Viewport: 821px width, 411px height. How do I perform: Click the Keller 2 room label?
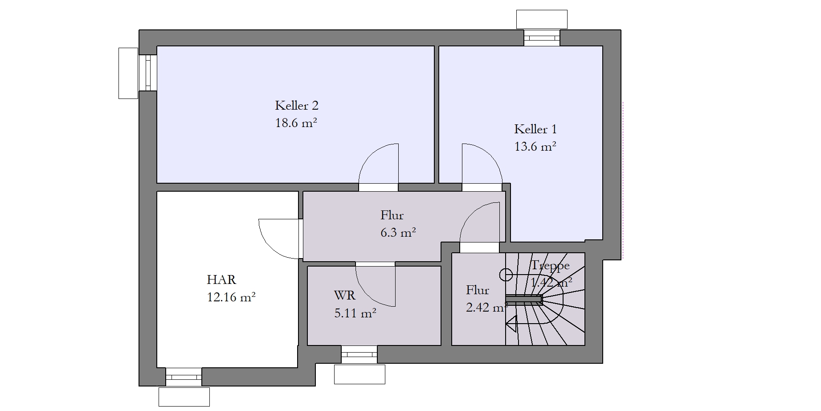[x=297, y=106]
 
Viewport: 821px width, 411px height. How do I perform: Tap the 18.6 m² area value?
[x=296, y=123]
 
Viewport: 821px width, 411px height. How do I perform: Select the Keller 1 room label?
[x=535, y=129]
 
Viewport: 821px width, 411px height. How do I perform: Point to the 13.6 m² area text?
[x=535, y=146]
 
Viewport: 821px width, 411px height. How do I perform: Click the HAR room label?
[x=221, y=280]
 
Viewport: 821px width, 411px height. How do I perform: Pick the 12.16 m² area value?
[x=231, y=297]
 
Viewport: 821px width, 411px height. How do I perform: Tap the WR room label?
[x=344, y=296]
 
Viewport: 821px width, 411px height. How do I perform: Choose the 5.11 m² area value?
[x=355, y=313]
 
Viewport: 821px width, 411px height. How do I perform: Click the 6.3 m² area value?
[x=398, y=232]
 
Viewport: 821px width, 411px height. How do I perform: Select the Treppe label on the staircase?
[x=550, y=266]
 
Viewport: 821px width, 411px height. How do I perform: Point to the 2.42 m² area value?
[x=487, y=308]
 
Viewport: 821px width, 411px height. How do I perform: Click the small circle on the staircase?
[x=506, y=275]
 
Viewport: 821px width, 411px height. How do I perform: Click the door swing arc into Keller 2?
[x=370, y=156]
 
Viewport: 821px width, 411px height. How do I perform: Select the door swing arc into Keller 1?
[x=490, y=156]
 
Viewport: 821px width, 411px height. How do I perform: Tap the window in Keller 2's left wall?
[x=148, y=73]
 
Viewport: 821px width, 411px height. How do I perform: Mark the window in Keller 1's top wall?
[x=542, y=38]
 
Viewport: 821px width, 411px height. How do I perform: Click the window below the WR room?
[x=359, y=354]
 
